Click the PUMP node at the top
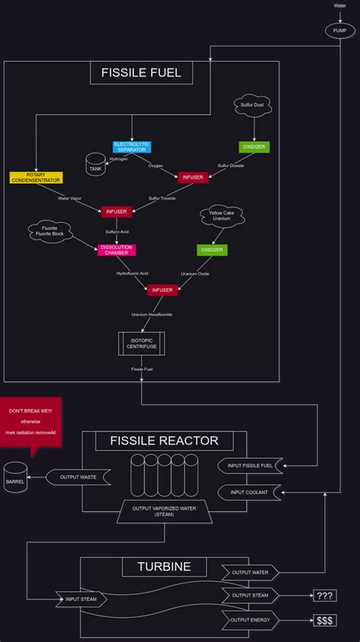(339, 30)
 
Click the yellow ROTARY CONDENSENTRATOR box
(36, 178)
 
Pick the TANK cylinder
(96, 165)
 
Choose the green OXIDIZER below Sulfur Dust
(254, 146)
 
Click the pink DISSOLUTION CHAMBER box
(116, 250)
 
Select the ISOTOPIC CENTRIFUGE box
(141, 343)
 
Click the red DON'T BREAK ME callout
(30, 421)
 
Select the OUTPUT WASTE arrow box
(78, 477)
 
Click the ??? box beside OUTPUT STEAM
(325, 595)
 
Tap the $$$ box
(325, 621)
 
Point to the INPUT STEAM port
(81, 599)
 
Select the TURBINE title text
(164, 567)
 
